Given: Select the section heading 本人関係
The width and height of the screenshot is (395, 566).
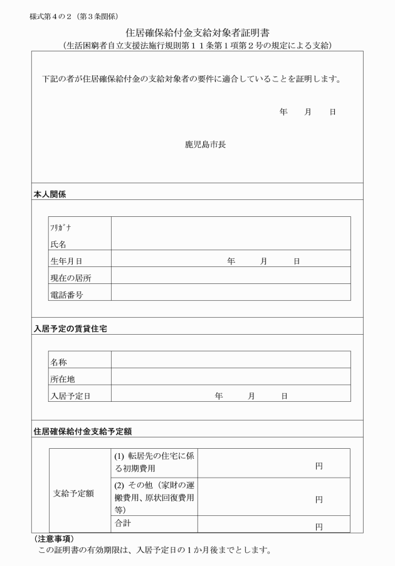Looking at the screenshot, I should coord(50,194).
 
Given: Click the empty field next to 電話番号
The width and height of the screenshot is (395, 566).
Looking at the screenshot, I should coord(231,293).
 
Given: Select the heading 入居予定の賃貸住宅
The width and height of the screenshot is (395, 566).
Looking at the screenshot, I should coord(70,329).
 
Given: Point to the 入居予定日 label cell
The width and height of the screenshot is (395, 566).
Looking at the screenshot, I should coord(71,396).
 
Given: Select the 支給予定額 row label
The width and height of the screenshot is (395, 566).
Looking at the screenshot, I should coord(73,493).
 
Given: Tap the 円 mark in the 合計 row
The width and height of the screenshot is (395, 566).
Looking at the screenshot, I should coord(319,527).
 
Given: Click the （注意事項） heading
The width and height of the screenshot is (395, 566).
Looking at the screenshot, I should coord(53,539).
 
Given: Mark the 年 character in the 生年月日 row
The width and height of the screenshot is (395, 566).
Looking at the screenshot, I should coord(231,261).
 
